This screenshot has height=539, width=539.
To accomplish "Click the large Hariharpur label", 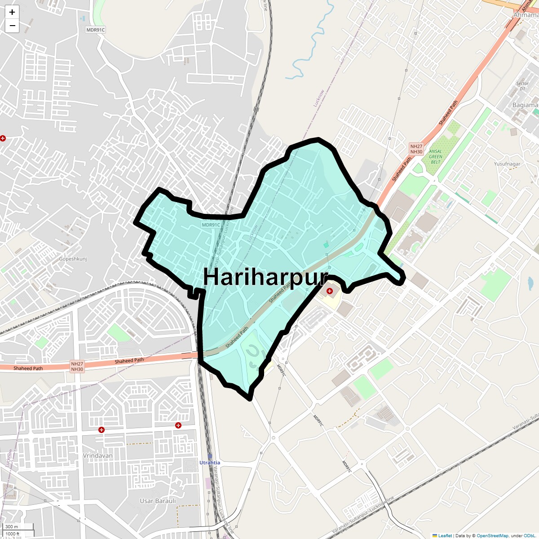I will (265, 277).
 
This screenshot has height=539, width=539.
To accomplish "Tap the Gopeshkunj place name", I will (73, 259).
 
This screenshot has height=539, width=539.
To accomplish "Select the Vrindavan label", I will (97, 455).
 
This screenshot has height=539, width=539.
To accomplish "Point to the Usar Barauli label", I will (158, 501).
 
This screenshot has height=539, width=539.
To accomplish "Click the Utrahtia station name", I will (210, 463).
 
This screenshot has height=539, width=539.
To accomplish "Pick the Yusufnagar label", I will (507, 164).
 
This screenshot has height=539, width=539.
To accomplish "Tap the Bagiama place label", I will (525, 105).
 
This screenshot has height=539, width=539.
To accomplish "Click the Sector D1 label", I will (522, 86).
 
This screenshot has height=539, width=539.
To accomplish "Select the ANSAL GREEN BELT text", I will (435, 157).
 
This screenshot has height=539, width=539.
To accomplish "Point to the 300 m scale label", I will (12, 526).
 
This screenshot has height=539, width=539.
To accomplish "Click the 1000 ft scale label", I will (13, 534).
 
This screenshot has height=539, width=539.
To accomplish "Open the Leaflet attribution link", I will (445, 535).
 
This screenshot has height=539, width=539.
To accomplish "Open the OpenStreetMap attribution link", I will (492, 535).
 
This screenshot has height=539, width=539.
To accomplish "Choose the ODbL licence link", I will (530, 535).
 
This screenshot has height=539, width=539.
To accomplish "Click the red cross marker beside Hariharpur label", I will (330, 291).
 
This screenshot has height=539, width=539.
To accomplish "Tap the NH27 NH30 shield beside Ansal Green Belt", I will (416, 149).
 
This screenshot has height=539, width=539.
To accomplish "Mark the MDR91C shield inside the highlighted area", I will (211, 225).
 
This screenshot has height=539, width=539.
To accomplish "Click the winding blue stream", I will (311, 45).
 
